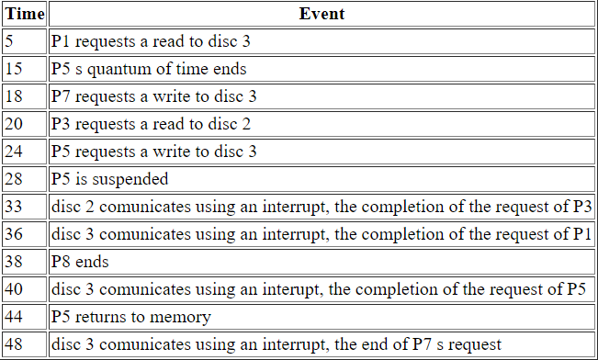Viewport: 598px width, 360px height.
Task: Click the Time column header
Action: click(24, 14)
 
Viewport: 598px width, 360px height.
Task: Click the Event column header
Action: click(322, 14)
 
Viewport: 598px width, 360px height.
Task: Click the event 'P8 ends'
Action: click(80, 262)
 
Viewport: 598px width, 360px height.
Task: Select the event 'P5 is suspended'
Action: click(109, 179)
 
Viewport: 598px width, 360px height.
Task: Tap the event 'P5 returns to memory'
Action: click(131, 317)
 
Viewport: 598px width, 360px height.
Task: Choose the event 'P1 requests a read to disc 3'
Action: click(150, 41)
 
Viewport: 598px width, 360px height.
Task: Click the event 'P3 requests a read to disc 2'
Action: click(150, 124)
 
